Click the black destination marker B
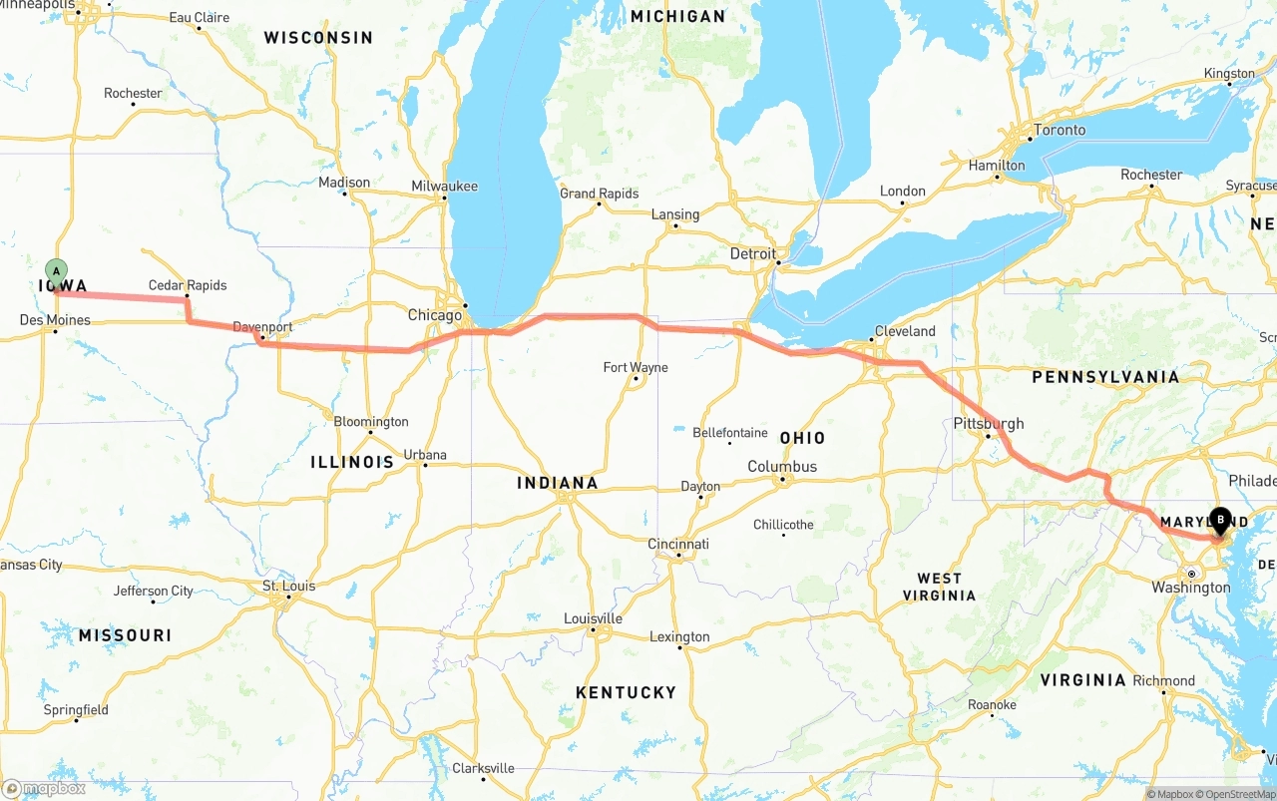pos(1220,519)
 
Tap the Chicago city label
pos(435,315)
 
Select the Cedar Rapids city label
pos(188,285)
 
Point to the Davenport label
pos(262,327)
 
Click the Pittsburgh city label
pos(989,423)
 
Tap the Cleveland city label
pos(905,331)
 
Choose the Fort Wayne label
pos(636,368)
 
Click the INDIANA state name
pos(558,483)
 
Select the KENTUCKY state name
pos(626,692)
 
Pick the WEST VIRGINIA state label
pos(939,587)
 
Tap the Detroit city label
pos(752,254)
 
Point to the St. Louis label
pos(288,586)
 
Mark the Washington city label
pos(1190,588)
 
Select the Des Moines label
pos(55,320)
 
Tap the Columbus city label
pos(782,467)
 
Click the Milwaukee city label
pos(445,187)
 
